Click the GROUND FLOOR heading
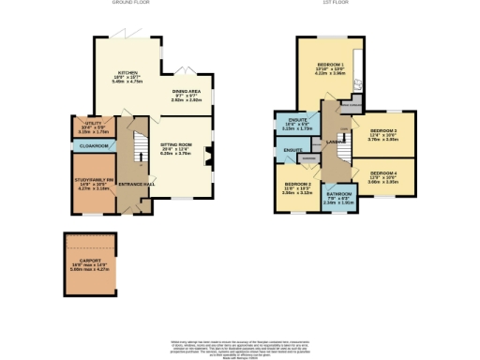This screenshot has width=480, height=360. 132,4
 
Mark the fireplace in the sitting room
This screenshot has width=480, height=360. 209,156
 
